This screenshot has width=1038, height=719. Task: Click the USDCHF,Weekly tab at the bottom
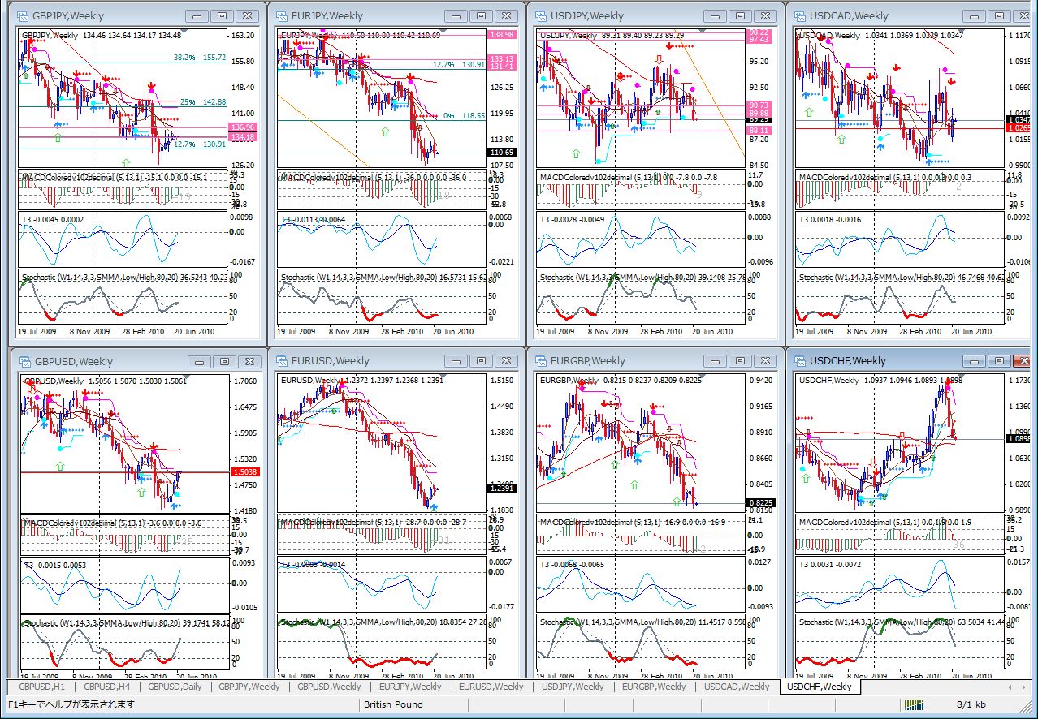820,687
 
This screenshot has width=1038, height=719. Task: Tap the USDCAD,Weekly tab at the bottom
737,687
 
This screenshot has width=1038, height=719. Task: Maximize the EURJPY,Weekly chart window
482,15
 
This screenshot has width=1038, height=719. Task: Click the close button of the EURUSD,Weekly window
508,361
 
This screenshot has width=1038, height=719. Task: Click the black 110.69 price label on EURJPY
502,153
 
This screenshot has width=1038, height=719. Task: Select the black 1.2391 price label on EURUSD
502,488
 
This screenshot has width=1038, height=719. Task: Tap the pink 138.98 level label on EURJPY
502,35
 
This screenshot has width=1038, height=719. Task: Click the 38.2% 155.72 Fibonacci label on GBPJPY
199,58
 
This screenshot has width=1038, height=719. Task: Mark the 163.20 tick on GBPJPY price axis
243,36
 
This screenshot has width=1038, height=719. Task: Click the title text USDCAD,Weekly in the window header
849,15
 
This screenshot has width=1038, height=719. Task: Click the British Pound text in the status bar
394,704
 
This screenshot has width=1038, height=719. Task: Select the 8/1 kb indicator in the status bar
971,704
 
